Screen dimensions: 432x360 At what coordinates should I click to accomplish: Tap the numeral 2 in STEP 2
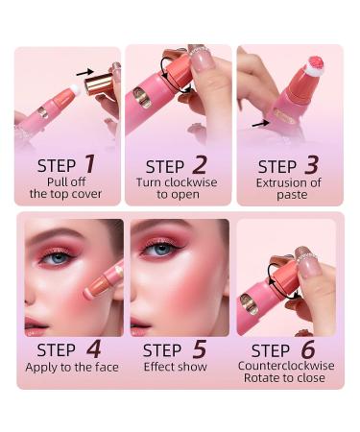pos(200,164)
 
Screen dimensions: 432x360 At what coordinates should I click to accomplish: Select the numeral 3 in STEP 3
pos(311,165)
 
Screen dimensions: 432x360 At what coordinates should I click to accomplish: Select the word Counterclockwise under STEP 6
pos(288,366)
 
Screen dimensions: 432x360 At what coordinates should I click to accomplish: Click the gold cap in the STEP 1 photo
pos(98,85)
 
